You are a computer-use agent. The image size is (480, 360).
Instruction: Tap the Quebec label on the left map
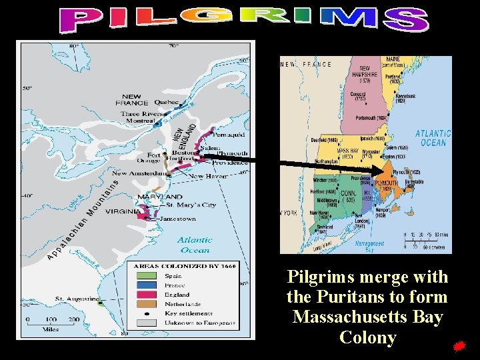(167, 103)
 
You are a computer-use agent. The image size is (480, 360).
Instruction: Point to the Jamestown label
(178, 219)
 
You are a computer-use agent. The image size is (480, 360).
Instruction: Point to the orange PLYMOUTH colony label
(387, 184)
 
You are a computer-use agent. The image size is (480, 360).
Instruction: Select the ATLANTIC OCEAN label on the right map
(433, 138)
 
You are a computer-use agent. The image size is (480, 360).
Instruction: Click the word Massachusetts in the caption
(367, 317)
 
